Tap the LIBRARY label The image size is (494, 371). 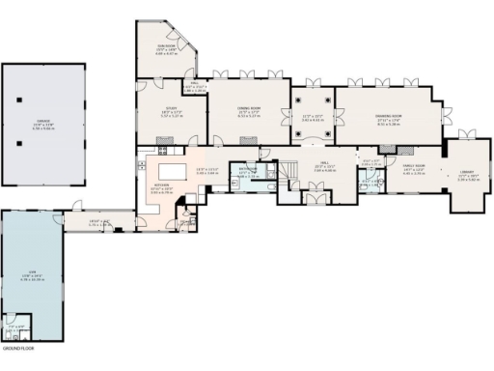469,175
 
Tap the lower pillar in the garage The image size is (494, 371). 18,142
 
